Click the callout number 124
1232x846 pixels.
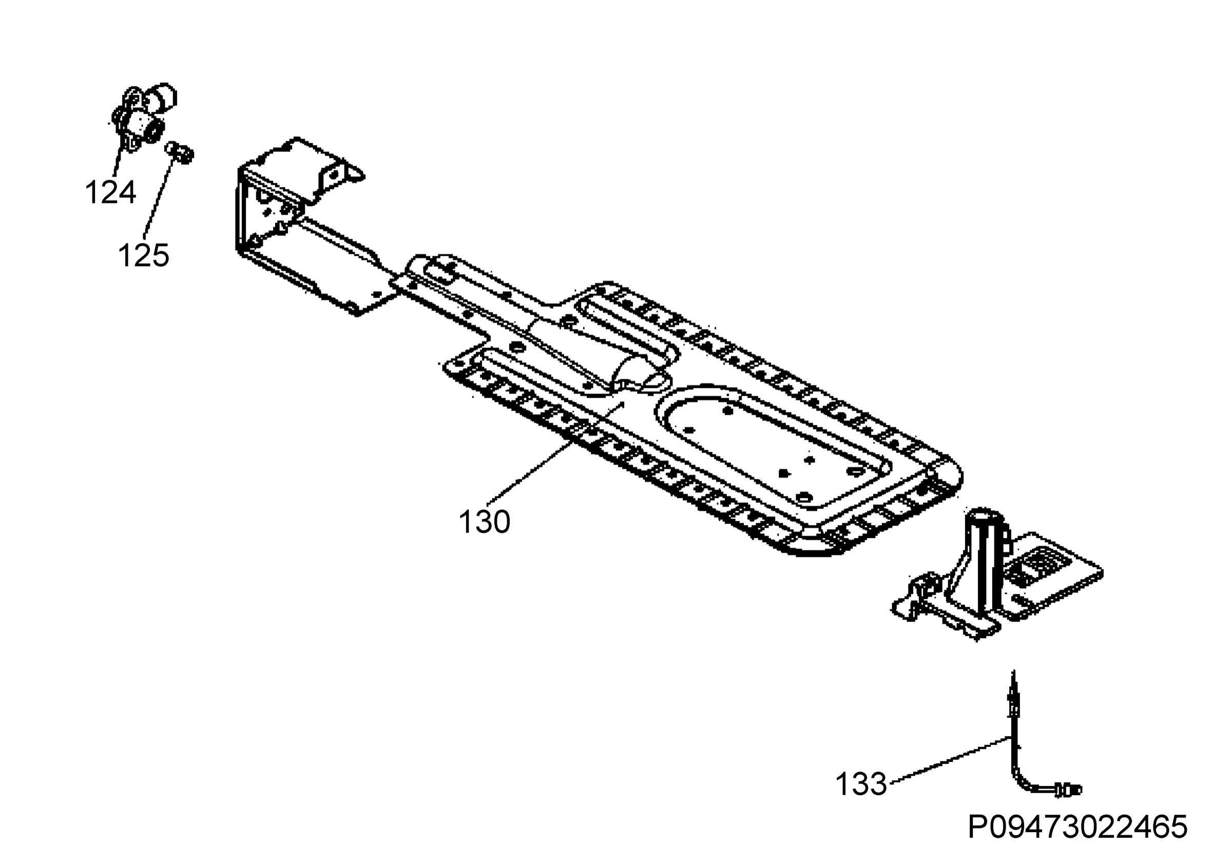coord(110,192)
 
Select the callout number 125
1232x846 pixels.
coord(143,255)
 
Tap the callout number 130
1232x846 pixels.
coord(484,522)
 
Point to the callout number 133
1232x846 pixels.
coord(861,784)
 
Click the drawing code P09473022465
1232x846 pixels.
coord(1077,826)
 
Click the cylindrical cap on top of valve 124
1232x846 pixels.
coord(161,97)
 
